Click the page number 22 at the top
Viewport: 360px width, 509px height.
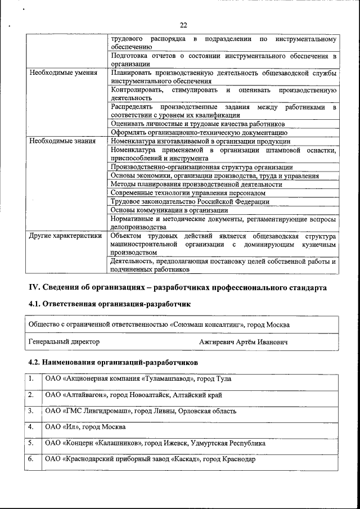(x=183, y=25)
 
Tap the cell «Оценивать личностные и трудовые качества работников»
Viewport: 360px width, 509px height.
(x=198, y=123)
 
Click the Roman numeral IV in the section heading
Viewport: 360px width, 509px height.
(x=34, y=287)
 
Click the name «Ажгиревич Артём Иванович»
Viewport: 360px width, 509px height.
(x=243, y=342)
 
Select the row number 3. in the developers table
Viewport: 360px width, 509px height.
(x=32, y=411)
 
